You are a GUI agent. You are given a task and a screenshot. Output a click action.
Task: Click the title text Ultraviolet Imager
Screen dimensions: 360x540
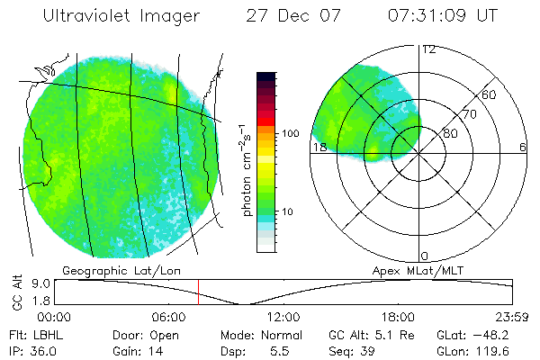pyautogui.click(x=121, y=16)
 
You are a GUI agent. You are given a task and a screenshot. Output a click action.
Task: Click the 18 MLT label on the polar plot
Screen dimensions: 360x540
pyautogui.click(x=318, y=147)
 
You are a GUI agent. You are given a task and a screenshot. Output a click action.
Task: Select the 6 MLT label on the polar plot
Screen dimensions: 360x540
pyautogui.click(x=523, y=147)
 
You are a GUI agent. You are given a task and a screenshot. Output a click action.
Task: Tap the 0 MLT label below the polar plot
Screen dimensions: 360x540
pyautogui.click(x=425, y=256)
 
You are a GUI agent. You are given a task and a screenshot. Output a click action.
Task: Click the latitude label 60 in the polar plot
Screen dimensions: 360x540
pyautogui.click(x=489, y=95)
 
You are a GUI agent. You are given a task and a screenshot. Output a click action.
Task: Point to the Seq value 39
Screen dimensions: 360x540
pyautogui.click(x=368, y=350)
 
